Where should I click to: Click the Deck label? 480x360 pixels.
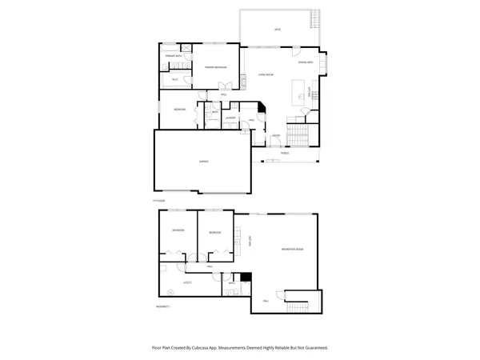click(278, 30)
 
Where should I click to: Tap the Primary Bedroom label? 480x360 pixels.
click(212, 68)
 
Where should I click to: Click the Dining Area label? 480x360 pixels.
click(304, 62)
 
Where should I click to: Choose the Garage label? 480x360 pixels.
click(204, 162)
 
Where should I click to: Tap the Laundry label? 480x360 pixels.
click(230, 118)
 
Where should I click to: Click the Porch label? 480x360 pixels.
click(285, 152)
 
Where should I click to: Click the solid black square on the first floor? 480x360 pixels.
click(261, 106)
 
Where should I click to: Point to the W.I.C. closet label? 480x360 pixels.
click(174, 80)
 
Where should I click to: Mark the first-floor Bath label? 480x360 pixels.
click(216, 113)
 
